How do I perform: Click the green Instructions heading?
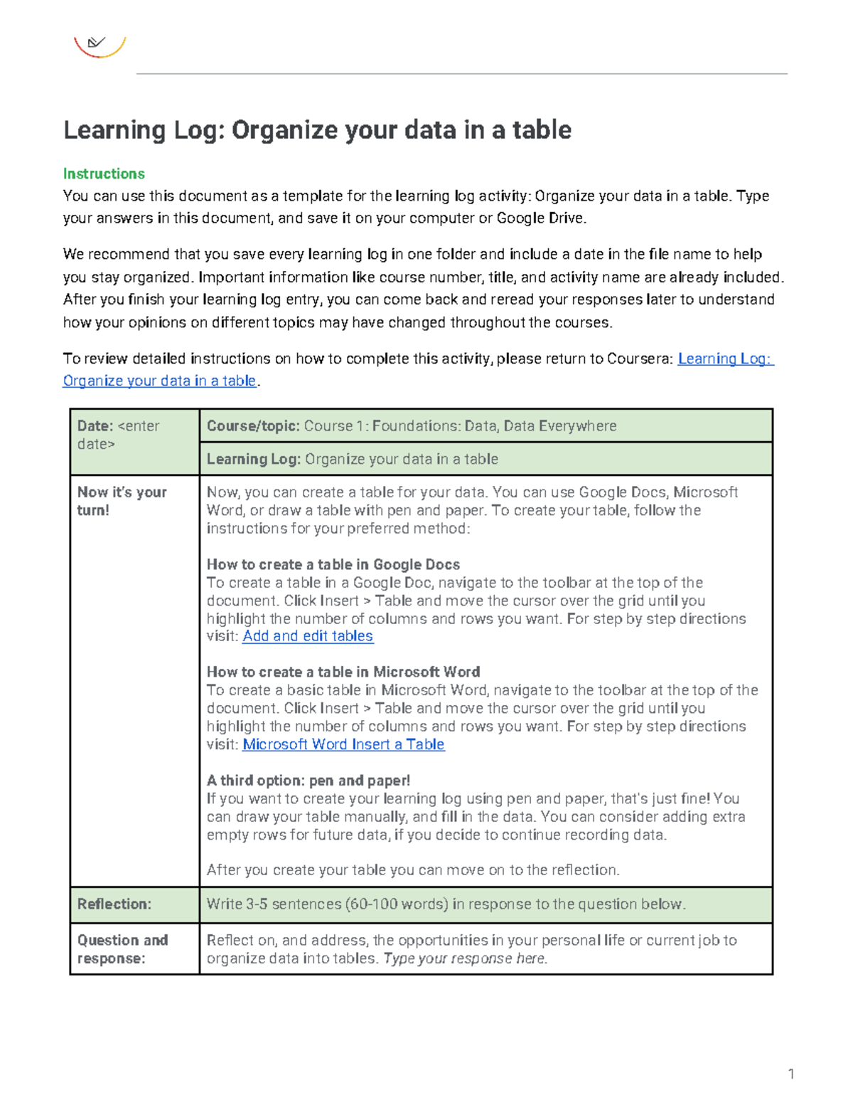click(x=104, y=174)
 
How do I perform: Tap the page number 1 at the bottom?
click(x=790, y=1074)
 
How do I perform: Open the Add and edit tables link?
click(x=307, y=636)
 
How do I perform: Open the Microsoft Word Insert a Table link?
click(x=343, y=744)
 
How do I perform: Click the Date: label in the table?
click(x=95, y=425)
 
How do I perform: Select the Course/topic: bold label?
click(x=252, y=425)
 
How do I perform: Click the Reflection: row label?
click(x=114, y=904)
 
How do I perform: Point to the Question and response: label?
click(x=122, y=948)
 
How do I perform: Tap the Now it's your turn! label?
click(x=122, y=500)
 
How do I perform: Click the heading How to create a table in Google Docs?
click(x=333, y=564)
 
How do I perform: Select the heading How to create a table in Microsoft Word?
click(x=343, y=672)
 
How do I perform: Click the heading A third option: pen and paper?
click(x=308, y=780)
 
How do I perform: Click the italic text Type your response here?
click(x=465, y=958)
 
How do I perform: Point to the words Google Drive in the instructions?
click(x=540, y=218)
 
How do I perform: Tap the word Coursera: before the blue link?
click(x=640, y=359)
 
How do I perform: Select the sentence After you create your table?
click(x=412, y=869)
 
